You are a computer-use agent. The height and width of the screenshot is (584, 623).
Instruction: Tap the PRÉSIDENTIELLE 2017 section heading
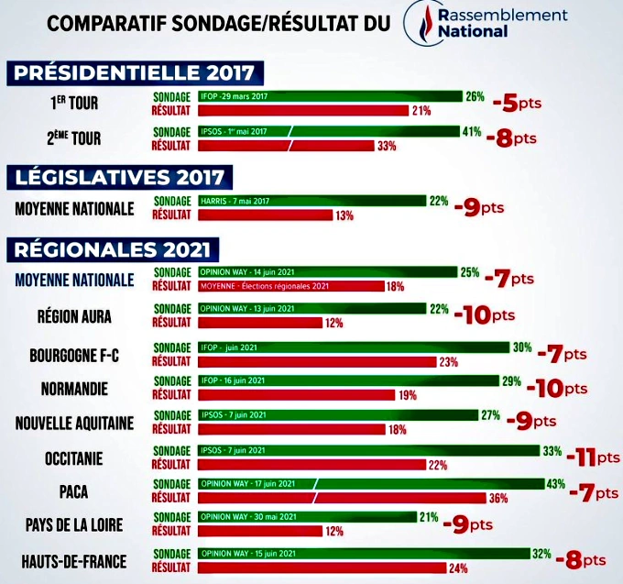pos(134,72)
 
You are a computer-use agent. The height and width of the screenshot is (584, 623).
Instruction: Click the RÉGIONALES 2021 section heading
pos(111,248)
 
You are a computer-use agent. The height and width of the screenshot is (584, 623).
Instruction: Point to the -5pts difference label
pos(516,103)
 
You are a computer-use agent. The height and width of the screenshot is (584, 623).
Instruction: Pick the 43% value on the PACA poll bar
pos(554,483)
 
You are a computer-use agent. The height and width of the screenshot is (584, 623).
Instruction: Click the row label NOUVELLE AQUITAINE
pos(75,422)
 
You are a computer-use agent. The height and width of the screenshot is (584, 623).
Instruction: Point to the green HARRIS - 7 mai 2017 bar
pos(311,201)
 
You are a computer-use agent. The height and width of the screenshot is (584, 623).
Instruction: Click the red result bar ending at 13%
pos(266,215)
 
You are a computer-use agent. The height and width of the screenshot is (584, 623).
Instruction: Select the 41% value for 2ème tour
pos(472,131)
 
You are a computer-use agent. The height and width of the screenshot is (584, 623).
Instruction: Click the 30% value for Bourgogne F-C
pos(522,347)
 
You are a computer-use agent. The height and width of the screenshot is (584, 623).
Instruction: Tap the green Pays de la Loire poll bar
pos(306,517)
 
